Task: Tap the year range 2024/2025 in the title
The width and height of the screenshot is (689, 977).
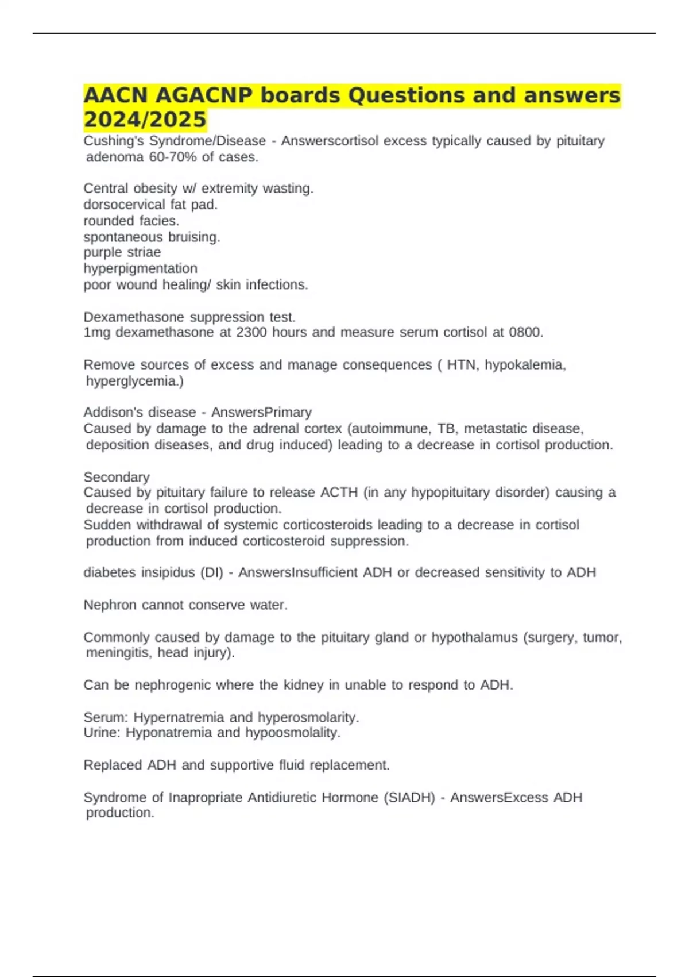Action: tap(145, 120)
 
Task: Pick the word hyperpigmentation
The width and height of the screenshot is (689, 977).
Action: tap(140, 268)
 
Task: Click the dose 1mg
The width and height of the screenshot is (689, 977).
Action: tap(97, 333)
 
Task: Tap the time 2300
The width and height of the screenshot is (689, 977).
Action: tap(251, 333)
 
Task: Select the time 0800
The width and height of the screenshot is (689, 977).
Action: tap(524, 333)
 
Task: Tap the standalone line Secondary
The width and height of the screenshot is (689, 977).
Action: tap(117, 477)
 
